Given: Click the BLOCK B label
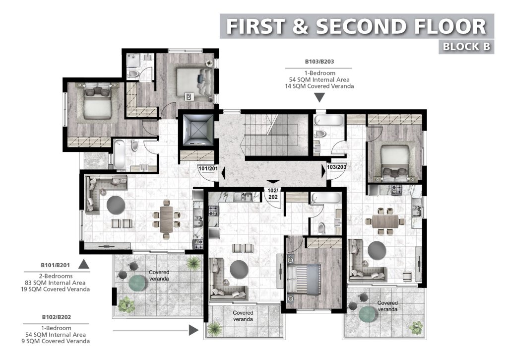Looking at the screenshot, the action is point(466,46).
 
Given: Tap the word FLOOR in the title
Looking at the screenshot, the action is point(450,27).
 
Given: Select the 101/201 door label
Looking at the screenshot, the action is point(208,169).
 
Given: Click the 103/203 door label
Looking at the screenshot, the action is point(337,167).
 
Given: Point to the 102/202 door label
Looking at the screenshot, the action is point(273,194).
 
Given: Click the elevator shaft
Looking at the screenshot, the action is point(196,130).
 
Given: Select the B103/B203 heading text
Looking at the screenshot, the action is point(319,62).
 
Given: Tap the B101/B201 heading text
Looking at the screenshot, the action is point(55,265).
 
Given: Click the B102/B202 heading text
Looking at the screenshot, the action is point(57,317).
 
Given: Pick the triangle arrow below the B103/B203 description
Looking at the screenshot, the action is point(320,97).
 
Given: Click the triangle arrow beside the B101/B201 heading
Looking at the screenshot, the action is point(84,264).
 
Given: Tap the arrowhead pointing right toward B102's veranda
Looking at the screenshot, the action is point(193,330).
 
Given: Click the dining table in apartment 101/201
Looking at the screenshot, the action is point(167,219).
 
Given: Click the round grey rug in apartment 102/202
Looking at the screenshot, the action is point(239,269).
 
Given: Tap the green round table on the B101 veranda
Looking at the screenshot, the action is point(138,283).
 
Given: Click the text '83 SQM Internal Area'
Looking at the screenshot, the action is point(55,283).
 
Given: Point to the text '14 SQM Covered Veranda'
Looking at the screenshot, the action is point(319,86).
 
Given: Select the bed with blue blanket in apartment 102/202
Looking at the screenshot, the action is point(304,280).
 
